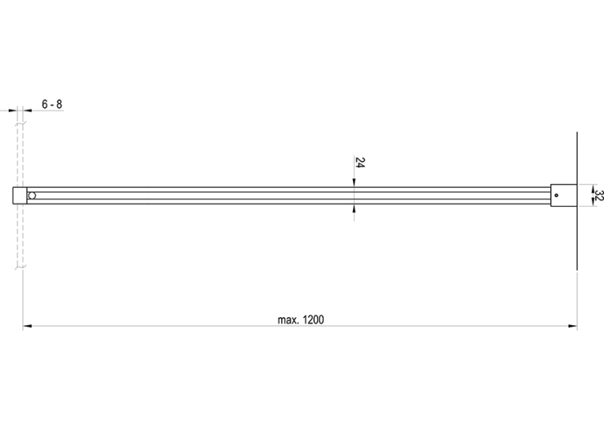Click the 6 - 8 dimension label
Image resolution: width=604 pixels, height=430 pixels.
point(51,104)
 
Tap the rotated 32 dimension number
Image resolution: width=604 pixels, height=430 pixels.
point(598,195)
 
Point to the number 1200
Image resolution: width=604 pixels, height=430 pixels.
point(313,320)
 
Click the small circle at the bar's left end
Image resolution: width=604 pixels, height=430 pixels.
point(32,196)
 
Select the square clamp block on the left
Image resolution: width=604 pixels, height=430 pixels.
point(20,196)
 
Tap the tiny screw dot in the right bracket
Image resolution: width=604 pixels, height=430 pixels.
point(557,195)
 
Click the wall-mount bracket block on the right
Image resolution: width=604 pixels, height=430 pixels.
point(564,196)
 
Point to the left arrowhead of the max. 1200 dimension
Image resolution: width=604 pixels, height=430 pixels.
point(27,327)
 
